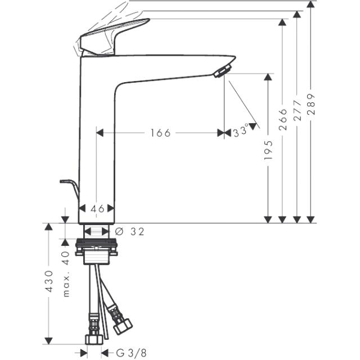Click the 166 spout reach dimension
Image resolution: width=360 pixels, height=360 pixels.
coord(160,133)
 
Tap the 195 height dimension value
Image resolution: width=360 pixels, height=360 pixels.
coord(268,150)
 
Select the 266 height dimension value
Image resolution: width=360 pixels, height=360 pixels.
coord(282,120)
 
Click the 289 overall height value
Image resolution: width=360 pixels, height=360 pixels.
coord(311,104)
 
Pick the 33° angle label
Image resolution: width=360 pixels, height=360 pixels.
coord(241,131)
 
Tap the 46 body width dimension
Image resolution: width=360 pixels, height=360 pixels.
coord(97,209)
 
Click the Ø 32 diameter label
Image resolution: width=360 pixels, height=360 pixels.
coord(129,232)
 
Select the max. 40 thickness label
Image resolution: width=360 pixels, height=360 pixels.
coord(66,274)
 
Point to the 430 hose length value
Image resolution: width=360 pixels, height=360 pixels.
coord(49,281)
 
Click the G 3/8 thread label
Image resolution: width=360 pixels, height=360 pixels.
coord(131,353)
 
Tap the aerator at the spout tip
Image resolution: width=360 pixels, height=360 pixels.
coord(222,71)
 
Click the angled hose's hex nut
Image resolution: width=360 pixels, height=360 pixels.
coord(123,326)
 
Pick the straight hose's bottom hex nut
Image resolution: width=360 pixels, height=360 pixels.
coord(94,339)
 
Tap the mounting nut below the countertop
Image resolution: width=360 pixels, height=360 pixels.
coord(96,247)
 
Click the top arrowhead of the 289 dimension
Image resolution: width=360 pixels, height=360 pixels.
coord(310,4)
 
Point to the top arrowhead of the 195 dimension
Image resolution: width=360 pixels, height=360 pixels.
coord(268,77)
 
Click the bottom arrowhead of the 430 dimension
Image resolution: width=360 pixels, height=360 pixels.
coord(48,341)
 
